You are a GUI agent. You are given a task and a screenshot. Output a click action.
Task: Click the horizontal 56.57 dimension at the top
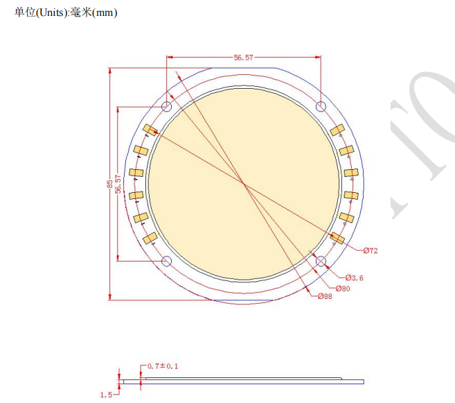(x=243, y=58)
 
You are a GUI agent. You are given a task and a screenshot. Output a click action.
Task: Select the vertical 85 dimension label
(x=109, y=184)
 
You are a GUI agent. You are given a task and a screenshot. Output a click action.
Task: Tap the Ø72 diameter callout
(x=370, y=250)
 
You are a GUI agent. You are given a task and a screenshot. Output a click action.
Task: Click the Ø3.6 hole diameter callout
(x=353, y=278)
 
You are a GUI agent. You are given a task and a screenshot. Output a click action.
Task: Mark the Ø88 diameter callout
(x=325, y=297)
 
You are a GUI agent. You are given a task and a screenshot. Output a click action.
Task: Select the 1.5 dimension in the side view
(x=106, y=395)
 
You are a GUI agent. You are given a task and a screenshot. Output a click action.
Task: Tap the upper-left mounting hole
(x=166, y=107)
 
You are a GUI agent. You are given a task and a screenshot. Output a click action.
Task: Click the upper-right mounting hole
(x=321, y=107)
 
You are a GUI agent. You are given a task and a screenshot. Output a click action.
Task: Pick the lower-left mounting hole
(x=166, y=261)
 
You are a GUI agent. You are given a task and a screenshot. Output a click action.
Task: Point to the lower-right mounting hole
(x=321, y=261)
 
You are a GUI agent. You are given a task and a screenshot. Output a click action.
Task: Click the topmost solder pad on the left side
(x=150, y=130)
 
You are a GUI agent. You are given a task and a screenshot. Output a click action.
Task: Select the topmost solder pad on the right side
(x=337, y=130)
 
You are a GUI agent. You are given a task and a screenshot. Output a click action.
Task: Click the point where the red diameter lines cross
(x=243, y=184)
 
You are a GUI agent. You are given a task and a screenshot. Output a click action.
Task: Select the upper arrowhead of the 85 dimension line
(x=109, y=70)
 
